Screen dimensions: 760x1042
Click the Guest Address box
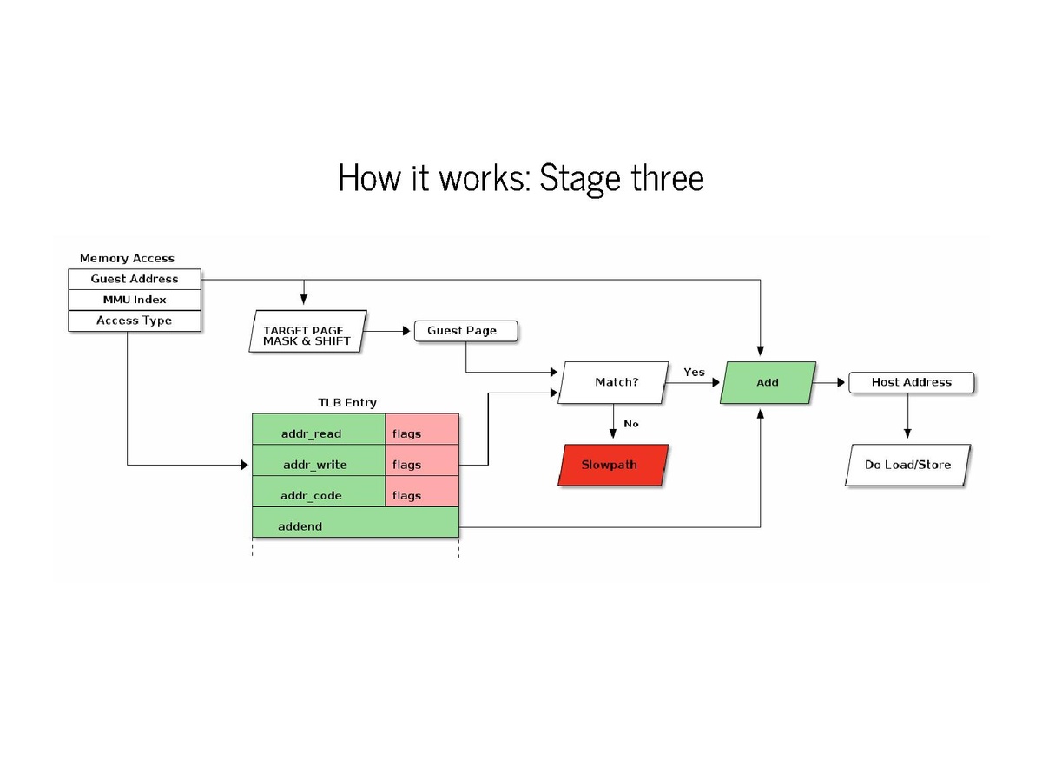tap(135, 279)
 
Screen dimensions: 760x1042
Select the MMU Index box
tap(135, 300)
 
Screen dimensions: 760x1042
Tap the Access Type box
tap(135, 321)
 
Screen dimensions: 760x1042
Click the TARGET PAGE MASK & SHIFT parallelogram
tap(307, 335)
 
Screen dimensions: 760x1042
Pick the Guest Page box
tap(465, 331)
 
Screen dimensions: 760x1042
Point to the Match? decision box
tap(615, 382)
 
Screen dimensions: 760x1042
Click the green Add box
tap(768, 382)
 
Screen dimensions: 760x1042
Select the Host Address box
tap(911, 382)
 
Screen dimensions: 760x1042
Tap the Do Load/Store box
tap(907, 465)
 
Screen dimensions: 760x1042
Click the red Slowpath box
tap(612, 465)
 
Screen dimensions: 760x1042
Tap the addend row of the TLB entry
tap(355, 526)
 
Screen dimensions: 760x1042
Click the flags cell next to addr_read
tap(422, 433)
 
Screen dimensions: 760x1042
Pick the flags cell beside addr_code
tap(422, 496)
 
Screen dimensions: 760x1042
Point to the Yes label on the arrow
tap(694, 372)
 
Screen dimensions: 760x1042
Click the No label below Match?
tap(631, 424)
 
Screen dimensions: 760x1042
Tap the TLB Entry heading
tap(347, 403)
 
